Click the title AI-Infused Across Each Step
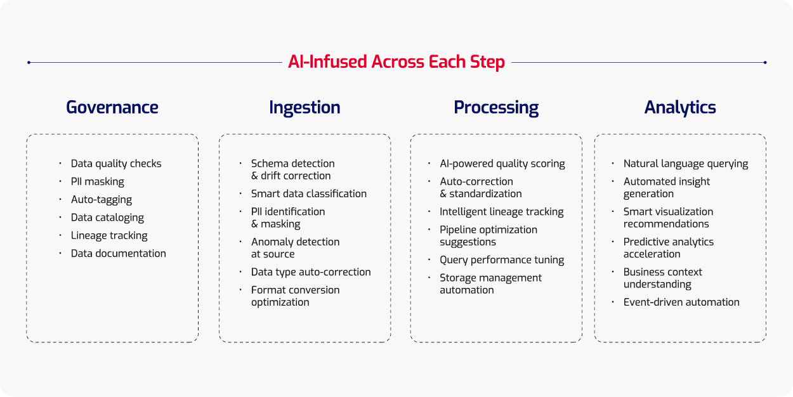(x=396, y=62)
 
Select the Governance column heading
(x=112, y=108)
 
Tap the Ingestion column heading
(x=305, y=108)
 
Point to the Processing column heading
(x=496, y=108)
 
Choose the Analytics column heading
(x=680, y=108)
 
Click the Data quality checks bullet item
(x=116, y=164)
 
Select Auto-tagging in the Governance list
(x=102, y=200)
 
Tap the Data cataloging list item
(x=107, y=218)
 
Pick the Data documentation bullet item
(x=119, y=254)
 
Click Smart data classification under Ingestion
(x=309, y=194)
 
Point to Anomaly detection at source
(x=295, y=248)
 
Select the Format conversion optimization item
(x=295, y=296)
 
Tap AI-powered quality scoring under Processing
(x=502, y=164)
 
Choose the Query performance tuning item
(x=502, y=260)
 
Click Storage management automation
(x=490, y=284)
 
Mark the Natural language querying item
(x=686, y=164)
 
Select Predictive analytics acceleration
(x=668, y=248)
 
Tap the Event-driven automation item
(x=681, y=303)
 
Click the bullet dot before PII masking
(x=60, y=181)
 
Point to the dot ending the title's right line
(x=765, y=62)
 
